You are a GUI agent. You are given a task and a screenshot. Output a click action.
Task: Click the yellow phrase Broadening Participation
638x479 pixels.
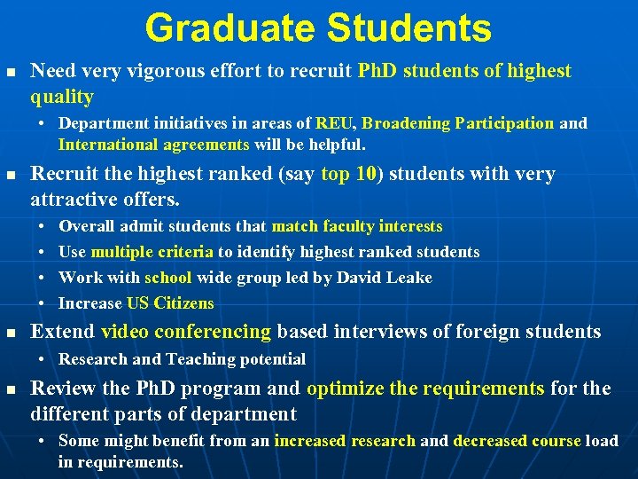point(457,123)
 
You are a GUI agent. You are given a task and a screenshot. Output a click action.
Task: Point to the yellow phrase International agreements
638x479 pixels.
point(154,144)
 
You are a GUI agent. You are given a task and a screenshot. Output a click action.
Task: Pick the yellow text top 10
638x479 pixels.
point(349,174)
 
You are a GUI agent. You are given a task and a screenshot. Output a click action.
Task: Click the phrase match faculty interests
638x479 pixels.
point(356,227)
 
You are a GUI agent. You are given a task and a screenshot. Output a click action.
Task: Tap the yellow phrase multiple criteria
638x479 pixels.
point(152,252)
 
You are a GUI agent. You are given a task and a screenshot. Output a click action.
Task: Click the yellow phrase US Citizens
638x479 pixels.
point(170,303)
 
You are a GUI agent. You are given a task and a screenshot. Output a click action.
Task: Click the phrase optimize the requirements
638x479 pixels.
point(425,389)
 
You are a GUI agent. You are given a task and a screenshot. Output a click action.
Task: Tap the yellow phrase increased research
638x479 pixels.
point(345,441)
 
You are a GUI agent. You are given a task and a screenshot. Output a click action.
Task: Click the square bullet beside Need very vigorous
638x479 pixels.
point(10,72)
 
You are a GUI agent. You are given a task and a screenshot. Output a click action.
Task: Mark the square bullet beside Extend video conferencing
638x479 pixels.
point(10,333)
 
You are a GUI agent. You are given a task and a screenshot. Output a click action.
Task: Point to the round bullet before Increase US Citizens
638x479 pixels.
point(43,303)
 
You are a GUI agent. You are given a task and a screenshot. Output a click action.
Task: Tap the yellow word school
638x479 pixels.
point(167,278)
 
